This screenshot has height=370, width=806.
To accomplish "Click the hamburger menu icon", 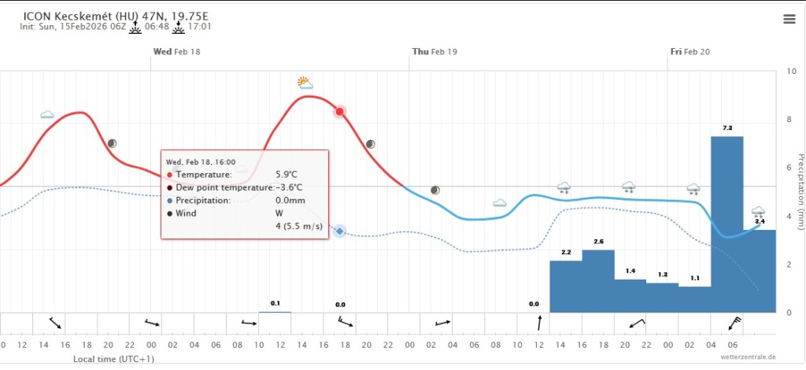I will (789, 19).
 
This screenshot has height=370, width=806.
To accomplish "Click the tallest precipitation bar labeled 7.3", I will (727, 224).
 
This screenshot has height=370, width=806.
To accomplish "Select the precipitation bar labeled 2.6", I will (597, 280).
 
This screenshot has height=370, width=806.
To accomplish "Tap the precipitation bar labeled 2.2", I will (566, 286).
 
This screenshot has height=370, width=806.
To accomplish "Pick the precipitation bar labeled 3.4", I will (760, 271).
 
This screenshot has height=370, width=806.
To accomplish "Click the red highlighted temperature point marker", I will (340, 112).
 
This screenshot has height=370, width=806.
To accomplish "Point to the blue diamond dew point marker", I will (340, 231).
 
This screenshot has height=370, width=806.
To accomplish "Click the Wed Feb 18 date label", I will (176, 51).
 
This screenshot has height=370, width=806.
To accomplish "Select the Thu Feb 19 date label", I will (434, 51).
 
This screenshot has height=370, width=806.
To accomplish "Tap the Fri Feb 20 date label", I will (690, 51).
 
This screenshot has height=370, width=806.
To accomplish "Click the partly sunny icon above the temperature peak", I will (305, 82).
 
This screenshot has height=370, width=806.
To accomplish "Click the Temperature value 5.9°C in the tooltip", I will (287, 174).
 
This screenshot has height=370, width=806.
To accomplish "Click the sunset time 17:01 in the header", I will (198, 26).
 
